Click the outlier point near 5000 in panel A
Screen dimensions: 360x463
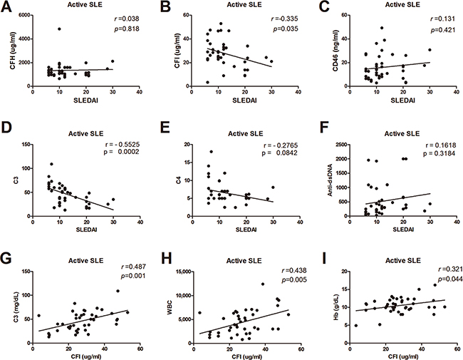click(60, 29)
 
